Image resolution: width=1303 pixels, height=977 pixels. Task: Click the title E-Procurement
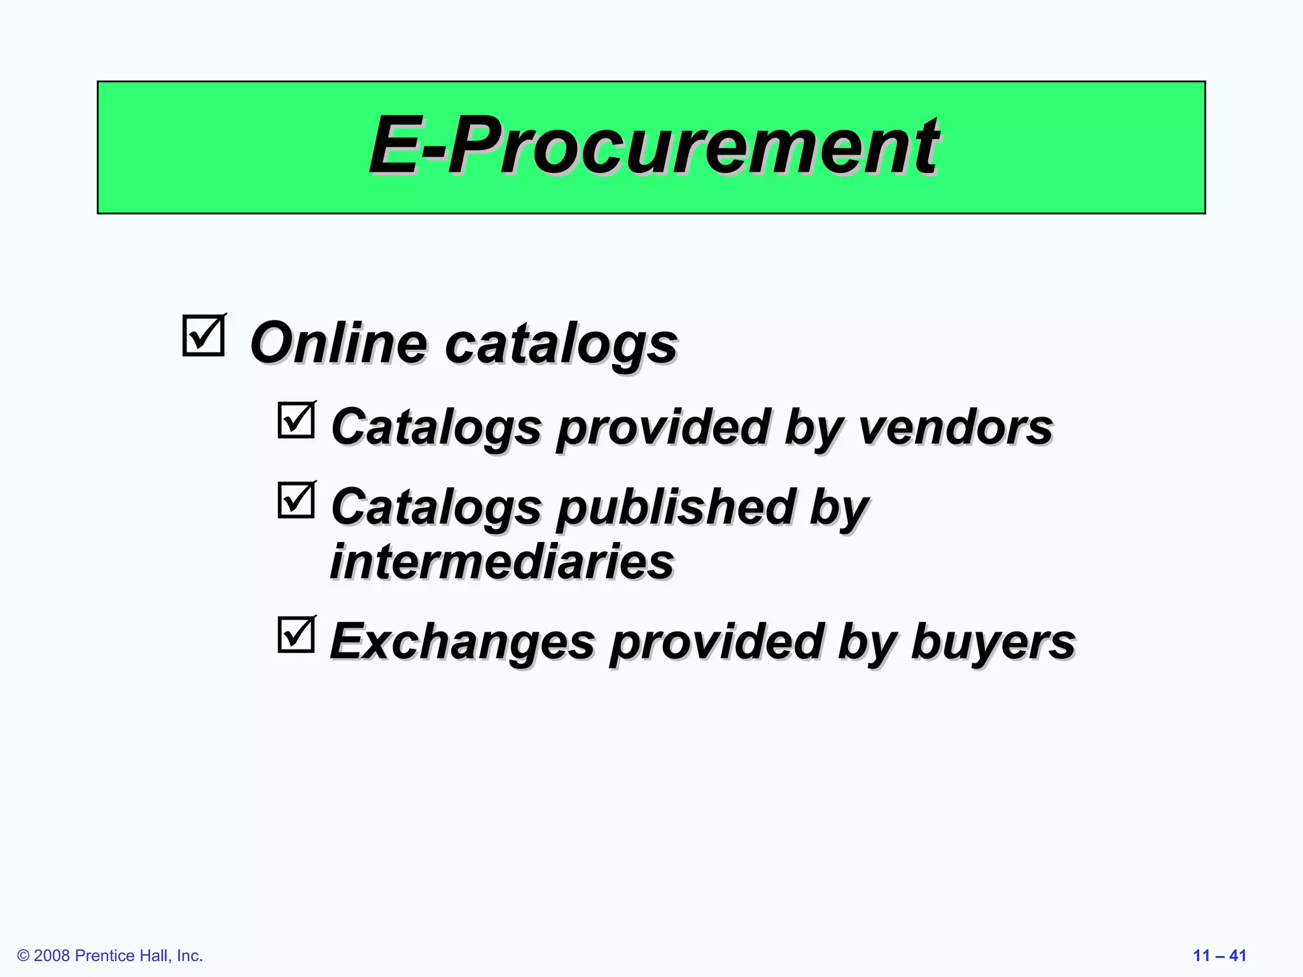pyautogui.click(x=653, y=146)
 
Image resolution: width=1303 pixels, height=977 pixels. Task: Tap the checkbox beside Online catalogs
pyautogui.click(x=203, y=336)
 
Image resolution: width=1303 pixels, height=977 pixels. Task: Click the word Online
pyautogui.click(x=338, y=343)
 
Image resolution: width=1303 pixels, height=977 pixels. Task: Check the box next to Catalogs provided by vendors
pyautogui.click(x=296, y=420)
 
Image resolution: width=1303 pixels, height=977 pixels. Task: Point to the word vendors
pyautogui.click(x=956, y=427)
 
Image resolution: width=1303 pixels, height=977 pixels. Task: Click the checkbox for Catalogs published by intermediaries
pyautogui.click(x=296, y=501)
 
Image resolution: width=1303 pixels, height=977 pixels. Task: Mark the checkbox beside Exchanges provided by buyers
pyautogui.click(x=296, y=635)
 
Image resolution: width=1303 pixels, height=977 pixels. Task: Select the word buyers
pyautogui.click(x=993, y=642)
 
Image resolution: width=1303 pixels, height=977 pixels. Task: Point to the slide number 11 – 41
pyautogui.click(x=1219, y=955)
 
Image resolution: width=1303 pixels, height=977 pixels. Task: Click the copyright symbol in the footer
pyautogui.click(x=24, y=956)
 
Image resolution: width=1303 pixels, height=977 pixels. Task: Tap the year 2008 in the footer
pyautogui.click(x=52, y=956)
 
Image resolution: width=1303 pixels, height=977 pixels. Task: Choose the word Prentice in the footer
pyautogui.click(x=104, y=956)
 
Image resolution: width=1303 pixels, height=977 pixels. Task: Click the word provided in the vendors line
pyautogui.click(x=664, y=428)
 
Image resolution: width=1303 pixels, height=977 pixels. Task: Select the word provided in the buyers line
pyautogui.click(x=717, y=642)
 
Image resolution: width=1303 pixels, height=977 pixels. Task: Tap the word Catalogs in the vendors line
pyautogui.click(x=436, y=428)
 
